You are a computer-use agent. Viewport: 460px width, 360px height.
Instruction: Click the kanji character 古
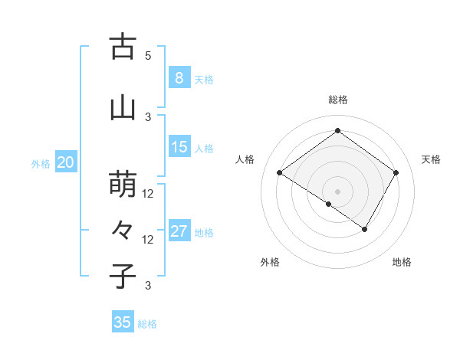123,47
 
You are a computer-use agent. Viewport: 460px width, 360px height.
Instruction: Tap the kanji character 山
123,108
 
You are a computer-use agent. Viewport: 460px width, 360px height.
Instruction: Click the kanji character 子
123,276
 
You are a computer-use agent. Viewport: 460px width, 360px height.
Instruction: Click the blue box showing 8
179,78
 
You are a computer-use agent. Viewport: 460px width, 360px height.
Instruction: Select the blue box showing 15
179,147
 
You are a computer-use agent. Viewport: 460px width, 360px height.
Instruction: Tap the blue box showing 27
179,231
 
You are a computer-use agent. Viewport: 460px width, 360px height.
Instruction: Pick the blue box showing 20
66,162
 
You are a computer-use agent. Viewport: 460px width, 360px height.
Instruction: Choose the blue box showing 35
123,322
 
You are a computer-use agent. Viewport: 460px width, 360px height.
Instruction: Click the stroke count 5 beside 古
148,56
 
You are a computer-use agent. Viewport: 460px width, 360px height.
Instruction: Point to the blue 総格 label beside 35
147,324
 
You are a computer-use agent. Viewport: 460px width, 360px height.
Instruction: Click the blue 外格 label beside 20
41,163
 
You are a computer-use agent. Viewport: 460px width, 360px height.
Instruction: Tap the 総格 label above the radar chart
337,100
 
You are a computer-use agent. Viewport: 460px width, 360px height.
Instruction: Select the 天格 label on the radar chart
431,159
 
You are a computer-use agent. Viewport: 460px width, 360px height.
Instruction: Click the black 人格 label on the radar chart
245,159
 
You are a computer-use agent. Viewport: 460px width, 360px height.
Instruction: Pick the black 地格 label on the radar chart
402,262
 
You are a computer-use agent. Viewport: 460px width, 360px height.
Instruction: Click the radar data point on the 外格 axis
329,204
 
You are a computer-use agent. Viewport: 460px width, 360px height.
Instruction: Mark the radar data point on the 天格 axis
396,173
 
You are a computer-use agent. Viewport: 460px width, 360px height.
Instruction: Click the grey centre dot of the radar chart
337,191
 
